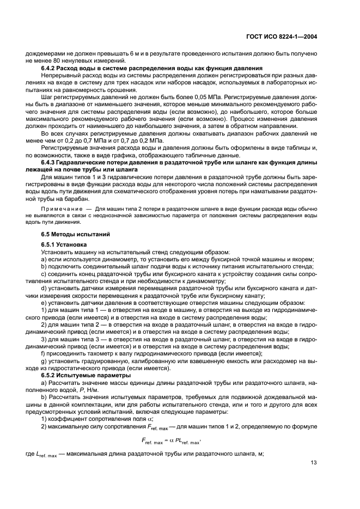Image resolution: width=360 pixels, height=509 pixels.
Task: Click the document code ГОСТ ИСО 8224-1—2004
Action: tap(283, 36)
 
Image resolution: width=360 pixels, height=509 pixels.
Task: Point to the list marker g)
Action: tap(44, 361)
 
